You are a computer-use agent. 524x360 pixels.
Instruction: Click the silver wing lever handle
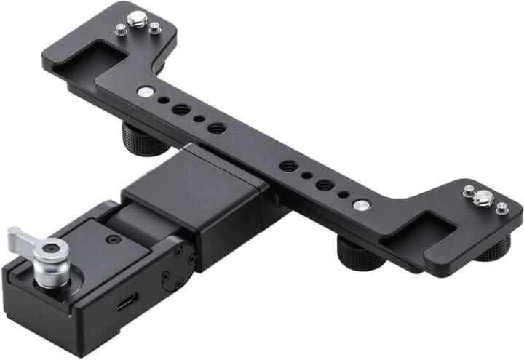[22, 238]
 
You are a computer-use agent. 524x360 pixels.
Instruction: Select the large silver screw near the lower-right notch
[481, 197]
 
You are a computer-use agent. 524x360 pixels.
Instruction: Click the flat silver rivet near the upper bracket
[144, 91]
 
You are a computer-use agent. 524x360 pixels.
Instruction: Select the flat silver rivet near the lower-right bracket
[360, 205]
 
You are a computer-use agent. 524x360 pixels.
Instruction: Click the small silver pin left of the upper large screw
[121, 30]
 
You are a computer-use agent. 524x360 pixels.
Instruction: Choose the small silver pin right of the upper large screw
[155, 28]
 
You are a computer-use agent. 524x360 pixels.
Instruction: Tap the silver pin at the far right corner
[501, 209]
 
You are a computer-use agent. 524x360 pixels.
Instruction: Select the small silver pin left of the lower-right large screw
[468, 191]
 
